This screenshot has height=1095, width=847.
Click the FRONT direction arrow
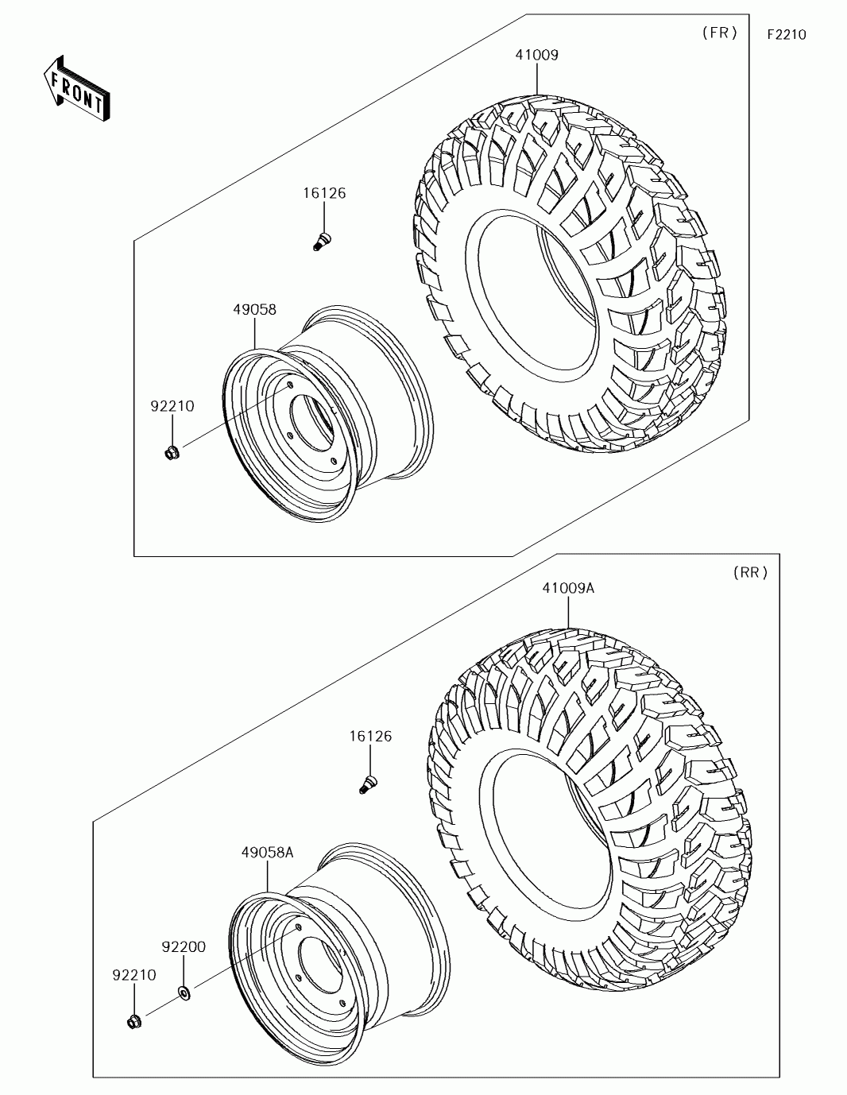[x=76, y=88]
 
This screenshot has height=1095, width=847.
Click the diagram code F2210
[x=786, y=35]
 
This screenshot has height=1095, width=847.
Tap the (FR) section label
[x=719, y=33]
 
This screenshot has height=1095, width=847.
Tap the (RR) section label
[x=750, y=573]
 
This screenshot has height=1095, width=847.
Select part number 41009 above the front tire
[x=537, y=56]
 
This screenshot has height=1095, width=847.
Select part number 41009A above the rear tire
[x=568, y=588]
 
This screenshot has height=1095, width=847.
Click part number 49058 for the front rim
[x=254, y=310]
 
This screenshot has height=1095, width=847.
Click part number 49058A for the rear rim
[x=268, y=853]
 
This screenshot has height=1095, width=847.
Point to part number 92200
[x=184, y=946]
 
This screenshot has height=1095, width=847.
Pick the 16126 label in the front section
[x=324, y=193]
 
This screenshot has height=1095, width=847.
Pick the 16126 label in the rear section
[x=370, y=737]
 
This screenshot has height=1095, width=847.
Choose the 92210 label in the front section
[x=172, y=406]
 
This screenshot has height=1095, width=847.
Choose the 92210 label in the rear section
[x=133, y=975]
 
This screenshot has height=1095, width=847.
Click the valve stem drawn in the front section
[x=322, y=240]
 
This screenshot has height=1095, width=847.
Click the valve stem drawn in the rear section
[x=367, y=784]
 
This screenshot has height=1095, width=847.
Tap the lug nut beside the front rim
[x=171, y=453]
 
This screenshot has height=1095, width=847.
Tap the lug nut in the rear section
[x=133, y=1021]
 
